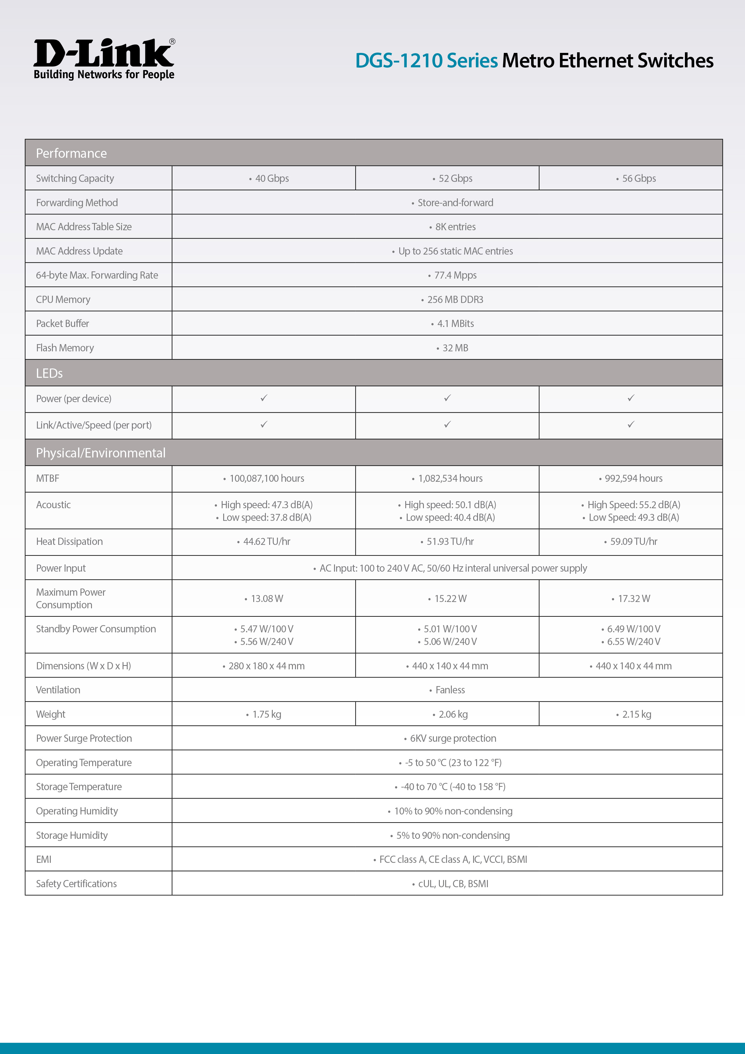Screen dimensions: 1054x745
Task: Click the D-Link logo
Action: (104, 59)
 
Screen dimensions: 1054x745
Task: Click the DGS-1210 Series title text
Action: (427, 61)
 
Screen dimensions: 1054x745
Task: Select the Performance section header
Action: (71, 153)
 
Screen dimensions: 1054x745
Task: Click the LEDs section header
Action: (50, 373)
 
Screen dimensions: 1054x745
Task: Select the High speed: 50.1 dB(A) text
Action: (450, 505)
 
